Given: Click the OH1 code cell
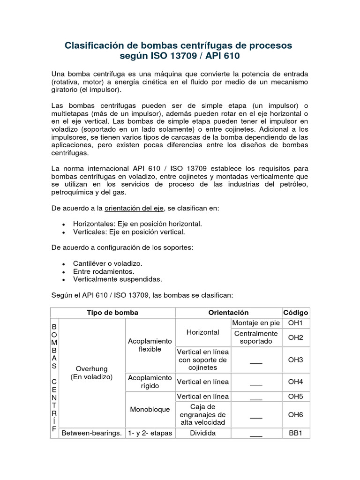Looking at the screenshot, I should coord(295,323).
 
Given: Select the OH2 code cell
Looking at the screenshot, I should coord(295,337).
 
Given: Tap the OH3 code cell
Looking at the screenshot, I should coord(295,360).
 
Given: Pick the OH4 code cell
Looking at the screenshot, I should coord(295,382).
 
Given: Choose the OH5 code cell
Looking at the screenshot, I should coord(295,397).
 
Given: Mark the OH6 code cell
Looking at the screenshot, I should coord(295,414).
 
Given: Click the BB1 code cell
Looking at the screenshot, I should coord(295,433).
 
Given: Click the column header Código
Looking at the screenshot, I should coord(295,312).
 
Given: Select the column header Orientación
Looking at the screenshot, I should coord(228,312).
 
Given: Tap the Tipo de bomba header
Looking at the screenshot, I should coord(112,312).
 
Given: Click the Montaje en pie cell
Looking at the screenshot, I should coord(256,323).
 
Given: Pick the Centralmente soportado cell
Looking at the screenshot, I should coord(256,337).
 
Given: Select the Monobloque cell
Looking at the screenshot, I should coord(150,409).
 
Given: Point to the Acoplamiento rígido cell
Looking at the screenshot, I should coord(150,382).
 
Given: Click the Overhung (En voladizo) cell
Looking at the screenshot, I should coord(92,373).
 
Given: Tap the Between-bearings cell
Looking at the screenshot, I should coord(92,433).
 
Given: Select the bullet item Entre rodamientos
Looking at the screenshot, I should coord(104,271).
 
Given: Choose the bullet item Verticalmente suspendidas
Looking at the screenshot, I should coord(117,279).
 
